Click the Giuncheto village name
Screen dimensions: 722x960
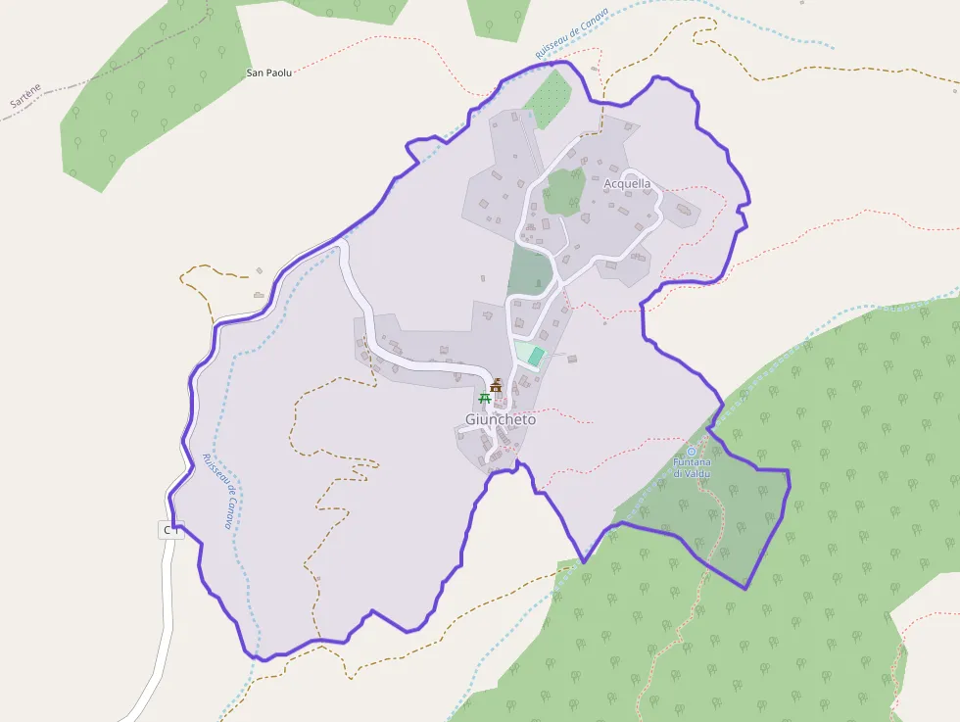coord(501,419)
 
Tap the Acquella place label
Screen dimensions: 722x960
coord(627,183)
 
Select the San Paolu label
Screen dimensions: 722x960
coord(268,72)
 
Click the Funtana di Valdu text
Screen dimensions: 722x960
coord(692,467)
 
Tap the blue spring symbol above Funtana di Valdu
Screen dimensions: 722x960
coord(692,452)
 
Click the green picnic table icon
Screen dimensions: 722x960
coord(484,398)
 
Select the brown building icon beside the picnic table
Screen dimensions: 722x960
coord(496,385)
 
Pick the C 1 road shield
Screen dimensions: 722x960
coord(171,530)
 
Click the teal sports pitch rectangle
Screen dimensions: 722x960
coord(535,356)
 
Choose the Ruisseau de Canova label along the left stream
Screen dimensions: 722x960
coord(216,490)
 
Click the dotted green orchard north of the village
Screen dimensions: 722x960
coord(548,99)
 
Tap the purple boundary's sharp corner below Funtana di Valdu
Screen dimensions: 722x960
coord(746,588)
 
